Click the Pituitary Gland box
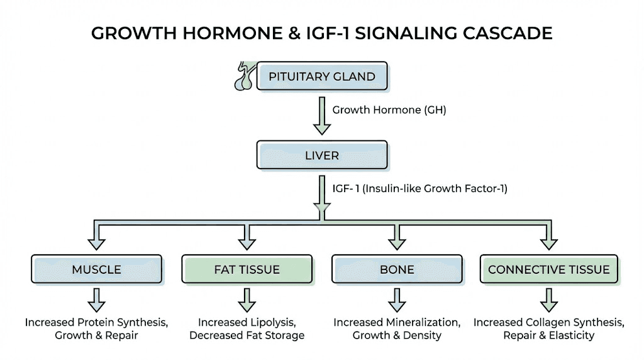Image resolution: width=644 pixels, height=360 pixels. pos(321,77)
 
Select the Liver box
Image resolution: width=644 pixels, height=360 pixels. pos(321,155)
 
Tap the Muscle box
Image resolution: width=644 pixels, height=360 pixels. pos(96,269)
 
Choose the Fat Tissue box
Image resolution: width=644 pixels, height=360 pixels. pos(247,269)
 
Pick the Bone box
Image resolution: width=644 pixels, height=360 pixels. pos(397,269)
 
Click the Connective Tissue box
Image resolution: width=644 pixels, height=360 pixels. pos(548,269)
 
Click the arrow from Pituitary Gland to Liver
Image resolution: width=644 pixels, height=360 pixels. pos(321,116)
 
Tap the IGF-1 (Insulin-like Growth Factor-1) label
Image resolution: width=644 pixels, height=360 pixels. pos(419,188)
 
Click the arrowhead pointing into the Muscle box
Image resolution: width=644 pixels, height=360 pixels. pos(96,242)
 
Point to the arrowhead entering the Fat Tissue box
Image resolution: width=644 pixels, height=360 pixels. pos(247,242)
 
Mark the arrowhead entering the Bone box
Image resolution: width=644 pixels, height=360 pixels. pos(397,242)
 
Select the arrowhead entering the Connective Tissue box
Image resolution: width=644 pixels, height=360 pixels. pos(548,242)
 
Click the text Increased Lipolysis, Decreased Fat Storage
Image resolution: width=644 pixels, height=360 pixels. pos(247,329)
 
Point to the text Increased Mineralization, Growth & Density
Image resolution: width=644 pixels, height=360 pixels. pos(397,329)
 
